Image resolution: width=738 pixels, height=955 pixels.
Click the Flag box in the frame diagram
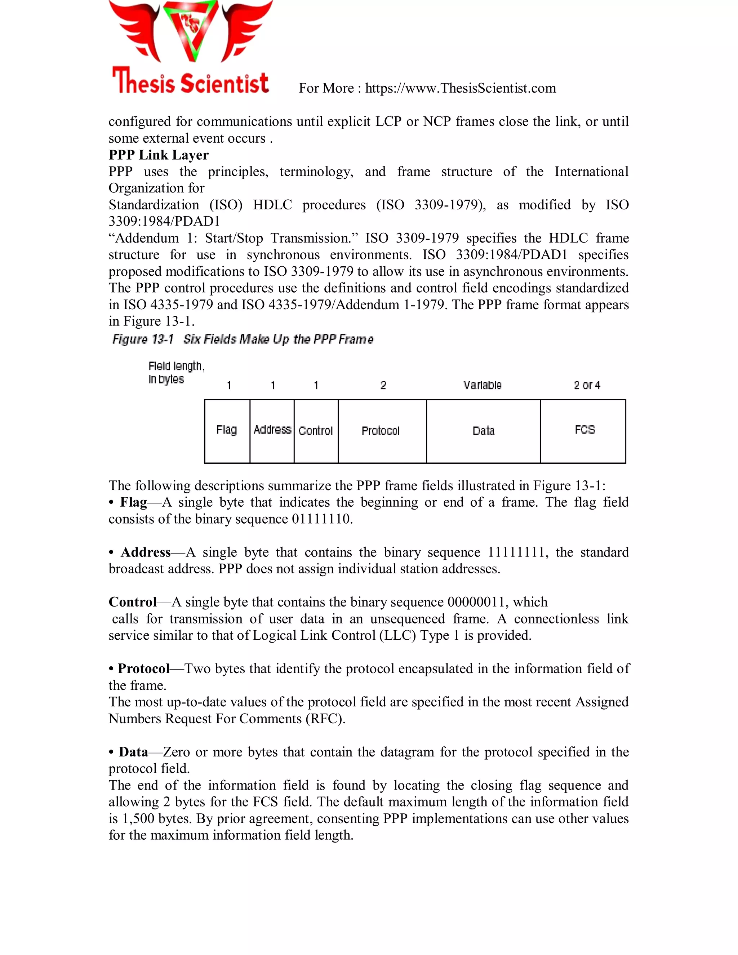point(227,431)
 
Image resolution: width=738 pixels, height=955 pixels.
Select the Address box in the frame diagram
point(272,431)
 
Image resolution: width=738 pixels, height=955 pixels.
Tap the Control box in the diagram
point(316,431)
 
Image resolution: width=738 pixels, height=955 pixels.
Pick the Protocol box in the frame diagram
point(382,431)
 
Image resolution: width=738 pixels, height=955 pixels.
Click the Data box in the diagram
point(483,431)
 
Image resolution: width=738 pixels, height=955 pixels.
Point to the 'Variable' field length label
point(482,385)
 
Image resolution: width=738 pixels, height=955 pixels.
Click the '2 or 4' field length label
point(587,385)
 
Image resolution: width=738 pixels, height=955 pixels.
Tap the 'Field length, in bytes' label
point(176,372)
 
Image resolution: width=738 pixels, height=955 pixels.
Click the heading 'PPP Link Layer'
point(158,155)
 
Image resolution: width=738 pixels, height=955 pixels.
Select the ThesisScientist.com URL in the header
point(461,88)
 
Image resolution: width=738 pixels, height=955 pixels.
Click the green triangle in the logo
point(191,28)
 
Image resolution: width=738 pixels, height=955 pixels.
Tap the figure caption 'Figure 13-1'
point(143,339)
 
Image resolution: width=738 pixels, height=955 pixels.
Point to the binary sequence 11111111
point(516,552)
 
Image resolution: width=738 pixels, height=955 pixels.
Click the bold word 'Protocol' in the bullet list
point(143,668)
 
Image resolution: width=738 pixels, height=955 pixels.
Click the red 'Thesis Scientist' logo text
point(190,82)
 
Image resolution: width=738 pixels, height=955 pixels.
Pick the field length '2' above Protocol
point(383,385)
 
